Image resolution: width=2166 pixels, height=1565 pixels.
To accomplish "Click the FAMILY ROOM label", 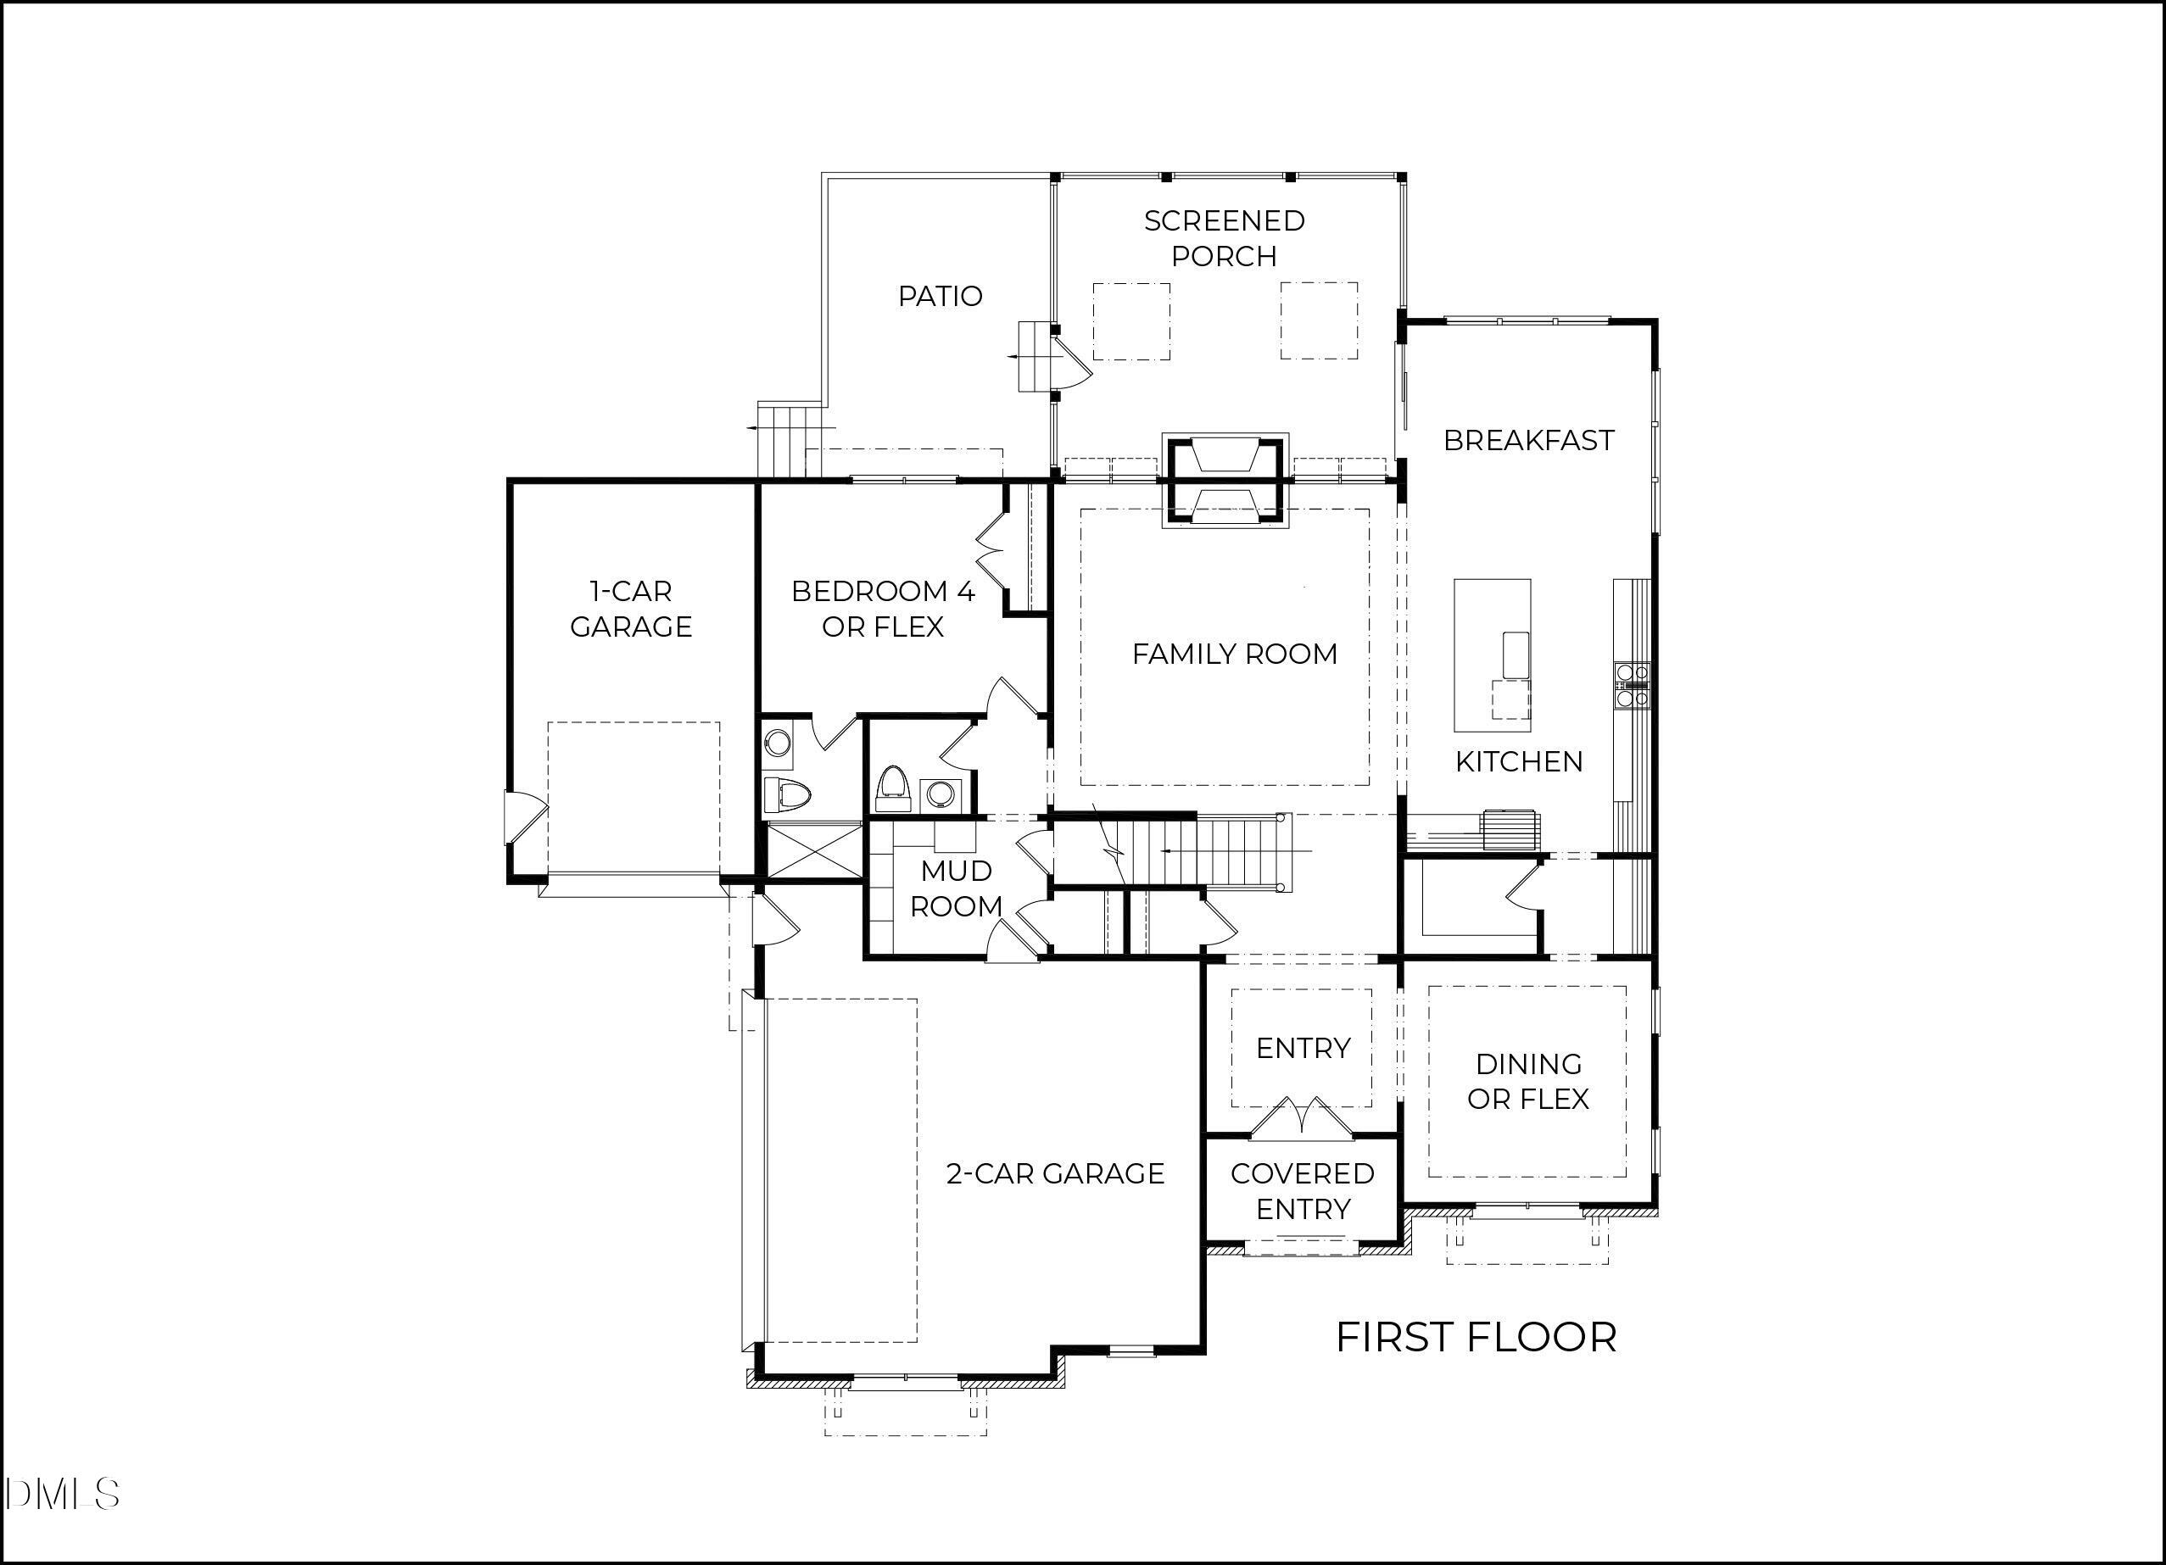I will point(1234,654).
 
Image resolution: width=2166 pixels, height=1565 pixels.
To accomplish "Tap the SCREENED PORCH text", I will point(1224,237).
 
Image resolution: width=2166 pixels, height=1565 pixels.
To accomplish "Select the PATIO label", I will point(940,296).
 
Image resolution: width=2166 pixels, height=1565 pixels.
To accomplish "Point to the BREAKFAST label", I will point(1528,440).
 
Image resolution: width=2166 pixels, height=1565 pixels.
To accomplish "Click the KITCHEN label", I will point(1519,761).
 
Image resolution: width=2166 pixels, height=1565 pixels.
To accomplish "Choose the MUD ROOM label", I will point(955,888).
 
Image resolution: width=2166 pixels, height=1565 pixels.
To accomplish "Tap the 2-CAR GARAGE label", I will point(1054,1173).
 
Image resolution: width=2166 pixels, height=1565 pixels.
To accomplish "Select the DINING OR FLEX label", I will point(1528,1081).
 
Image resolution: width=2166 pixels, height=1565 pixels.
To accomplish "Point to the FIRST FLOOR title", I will point(1476,1337).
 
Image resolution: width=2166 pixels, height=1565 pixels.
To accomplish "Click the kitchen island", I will point(1492,654).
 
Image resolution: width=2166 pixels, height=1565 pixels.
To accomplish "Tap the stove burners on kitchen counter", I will point(1631,685).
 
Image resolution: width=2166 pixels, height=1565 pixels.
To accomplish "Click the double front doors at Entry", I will point(1302,1119).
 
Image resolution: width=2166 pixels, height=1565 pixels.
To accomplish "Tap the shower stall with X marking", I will point(815,852).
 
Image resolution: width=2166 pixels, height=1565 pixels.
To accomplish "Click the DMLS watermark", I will point(61,1495).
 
